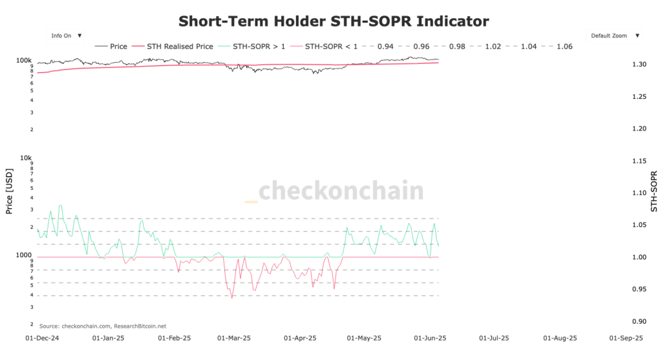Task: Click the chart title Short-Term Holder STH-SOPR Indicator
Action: tap(334, 21)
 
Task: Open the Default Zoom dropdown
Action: tap(614, 36)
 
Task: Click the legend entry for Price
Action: tap(111, 47)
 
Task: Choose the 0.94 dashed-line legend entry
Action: tap(377, 47)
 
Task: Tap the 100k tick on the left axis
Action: tap(25, 60)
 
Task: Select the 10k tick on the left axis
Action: tap(26, 158)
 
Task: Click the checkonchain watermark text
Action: tap(341, 191)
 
